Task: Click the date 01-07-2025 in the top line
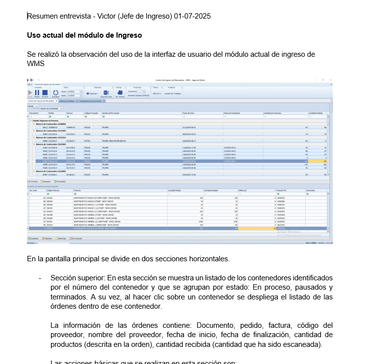192,16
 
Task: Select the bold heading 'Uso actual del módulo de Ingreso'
84,35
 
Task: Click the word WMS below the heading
36,63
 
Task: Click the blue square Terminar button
45,92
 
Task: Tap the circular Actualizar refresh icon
56,92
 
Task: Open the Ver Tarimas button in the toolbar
120,92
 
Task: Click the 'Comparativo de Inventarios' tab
92,101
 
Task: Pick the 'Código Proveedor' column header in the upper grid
92,113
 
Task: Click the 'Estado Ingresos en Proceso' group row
45,120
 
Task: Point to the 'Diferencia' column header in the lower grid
245,190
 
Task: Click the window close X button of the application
330,79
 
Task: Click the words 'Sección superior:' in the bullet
78,278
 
